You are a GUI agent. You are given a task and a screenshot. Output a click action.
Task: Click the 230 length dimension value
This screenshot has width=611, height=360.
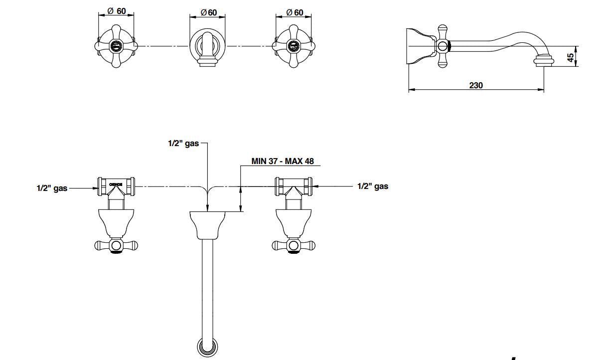click(x=476, y=85)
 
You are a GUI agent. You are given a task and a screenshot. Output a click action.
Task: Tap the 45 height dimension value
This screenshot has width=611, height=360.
click(x=571, y=57)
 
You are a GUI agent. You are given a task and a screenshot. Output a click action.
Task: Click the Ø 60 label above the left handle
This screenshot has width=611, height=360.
click(x=117, y=11)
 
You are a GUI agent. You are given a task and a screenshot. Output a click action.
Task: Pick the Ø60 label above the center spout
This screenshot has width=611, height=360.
click(x=208, y=12)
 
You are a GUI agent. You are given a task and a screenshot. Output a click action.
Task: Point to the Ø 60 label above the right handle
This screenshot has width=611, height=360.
click(x=295, y=12)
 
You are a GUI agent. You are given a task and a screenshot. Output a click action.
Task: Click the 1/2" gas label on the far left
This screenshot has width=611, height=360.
click(x=52, y=188)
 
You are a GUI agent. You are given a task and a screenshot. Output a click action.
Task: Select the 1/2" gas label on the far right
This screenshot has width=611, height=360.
click(x=373, y=186)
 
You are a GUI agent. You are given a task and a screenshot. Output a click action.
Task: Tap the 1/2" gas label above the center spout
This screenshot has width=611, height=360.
click(x=183, y=144)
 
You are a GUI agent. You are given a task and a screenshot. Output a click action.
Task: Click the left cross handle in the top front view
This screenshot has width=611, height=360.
click(x=116, y=47)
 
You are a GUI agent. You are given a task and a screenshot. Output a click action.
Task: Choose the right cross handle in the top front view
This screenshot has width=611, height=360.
click(x=294, y=47)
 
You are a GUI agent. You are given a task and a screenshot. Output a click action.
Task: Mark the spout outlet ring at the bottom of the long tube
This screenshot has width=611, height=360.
click(x=207, y=347)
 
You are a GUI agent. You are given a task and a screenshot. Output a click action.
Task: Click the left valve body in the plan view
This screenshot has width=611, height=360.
click(x=116, y=186)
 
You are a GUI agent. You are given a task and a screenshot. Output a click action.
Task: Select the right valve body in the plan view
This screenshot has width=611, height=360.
click(x=294, y=186)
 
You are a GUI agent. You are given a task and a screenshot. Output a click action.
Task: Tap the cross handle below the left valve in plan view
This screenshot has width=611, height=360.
click(x=116, y=245)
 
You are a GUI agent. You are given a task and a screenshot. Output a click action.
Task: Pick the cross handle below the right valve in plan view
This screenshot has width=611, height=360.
click(x=294, y=245)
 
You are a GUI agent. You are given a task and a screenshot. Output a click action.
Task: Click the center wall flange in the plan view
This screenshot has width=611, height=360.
click(x=207, y=224)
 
